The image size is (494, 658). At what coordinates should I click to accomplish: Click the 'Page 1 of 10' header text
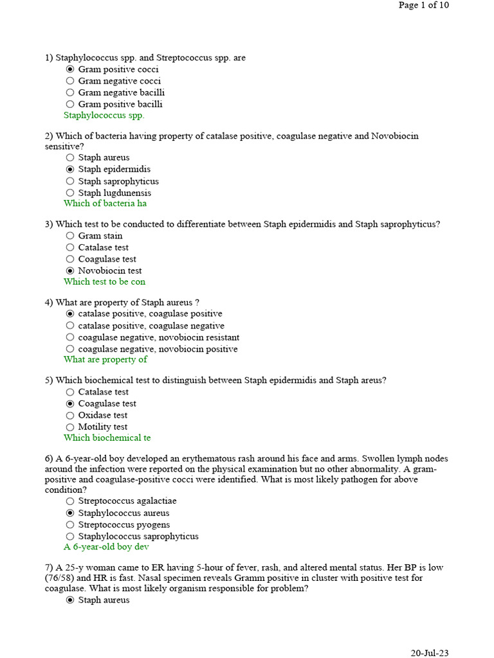coord(423,5)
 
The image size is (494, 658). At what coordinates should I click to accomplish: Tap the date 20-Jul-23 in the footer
coord(430,653)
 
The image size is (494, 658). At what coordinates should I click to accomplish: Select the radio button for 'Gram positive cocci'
coord(70,69)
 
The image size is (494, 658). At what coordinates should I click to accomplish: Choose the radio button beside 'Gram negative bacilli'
coord(70,93)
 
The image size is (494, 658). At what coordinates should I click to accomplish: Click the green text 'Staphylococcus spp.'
coord(104,116)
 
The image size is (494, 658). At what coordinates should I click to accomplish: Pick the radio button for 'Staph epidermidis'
coord(70,169)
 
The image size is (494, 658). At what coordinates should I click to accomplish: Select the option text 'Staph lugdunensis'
coord(114,193)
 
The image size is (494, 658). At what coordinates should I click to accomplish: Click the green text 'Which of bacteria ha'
coord(105,204)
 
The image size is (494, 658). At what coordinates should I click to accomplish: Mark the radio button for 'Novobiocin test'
coord(70,271)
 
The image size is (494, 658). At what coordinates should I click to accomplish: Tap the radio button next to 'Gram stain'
coord(70,236)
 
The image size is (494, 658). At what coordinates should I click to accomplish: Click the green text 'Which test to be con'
coord(104,282)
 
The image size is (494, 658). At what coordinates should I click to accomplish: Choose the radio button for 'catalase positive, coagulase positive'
coord(70,314)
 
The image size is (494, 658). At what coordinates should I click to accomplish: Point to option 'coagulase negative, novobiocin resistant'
coord(158,337)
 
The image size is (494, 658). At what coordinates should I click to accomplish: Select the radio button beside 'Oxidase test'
coord(70,416)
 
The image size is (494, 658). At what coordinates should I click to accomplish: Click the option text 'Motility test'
coord(103,427)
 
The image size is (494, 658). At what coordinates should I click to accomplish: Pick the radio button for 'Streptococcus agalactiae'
coord(70,501)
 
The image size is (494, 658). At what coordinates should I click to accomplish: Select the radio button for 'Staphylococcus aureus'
coord(70,513)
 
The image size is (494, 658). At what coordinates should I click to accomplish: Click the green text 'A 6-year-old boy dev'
coord(106,547)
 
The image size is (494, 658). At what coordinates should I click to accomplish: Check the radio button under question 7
coord(70,600)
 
